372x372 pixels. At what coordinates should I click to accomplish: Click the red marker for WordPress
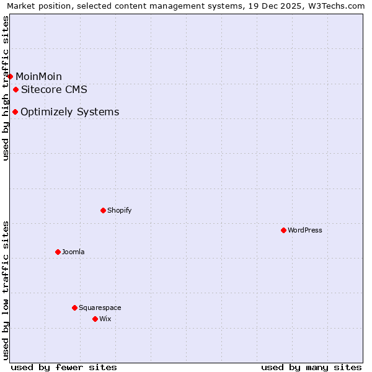pyautogui.click(x=283, y=230)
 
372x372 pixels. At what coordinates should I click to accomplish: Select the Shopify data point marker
pyautogui.click(x=103, y=210)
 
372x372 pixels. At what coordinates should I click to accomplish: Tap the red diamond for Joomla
pyautogui.click(x=58, y=252)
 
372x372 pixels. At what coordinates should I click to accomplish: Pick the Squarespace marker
pyautogui.click(x=74, y=308)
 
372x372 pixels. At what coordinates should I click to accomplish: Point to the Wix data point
pyautogui.click(x=95, y=319)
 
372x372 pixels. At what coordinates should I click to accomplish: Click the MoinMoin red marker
pyautogui.click(x=10, y=76)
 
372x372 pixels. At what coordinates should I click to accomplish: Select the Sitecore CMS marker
pyautogui.click(x=15, y=89)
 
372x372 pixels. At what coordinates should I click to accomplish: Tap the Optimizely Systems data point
pyautogui.click(x=15, y=112)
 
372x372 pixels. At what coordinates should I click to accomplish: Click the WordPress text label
pyautogui.click(x=305, y=230)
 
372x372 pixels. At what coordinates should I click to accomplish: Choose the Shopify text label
pyautogui.click(x=120, y=210)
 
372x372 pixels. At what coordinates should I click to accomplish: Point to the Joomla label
pyautogui.click(x=73, y=252)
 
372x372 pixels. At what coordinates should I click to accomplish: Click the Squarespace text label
pyautogui.click(x=100, y=308)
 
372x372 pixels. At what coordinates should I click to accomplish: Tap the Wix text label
pyautogui.click(x=105, y=319)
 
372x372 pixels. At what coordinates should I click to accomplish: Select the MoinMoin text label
pyautogui.click(x=38, y=76)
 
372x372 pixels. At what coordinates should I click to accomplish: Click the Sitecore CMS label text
pyautogui.click(x=54, y=89)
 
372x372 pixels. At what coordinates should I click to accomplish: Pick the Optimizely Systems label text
pyautogui.click(x=69, y=112)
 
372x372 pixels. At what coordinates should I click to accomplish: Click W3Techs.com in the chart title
pyautogui.click(x=337, y=6)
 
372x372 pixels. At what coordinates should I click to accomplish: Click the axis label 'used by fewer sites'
pyautogui.click(x=64, y=367)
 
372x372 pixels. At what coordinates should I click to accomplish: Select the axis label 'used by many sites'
pyautogui.click(x=311, y=367)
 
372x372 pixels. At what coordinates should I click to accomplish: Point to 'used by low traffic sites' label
pyautogui.click(x=6, y=290)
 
